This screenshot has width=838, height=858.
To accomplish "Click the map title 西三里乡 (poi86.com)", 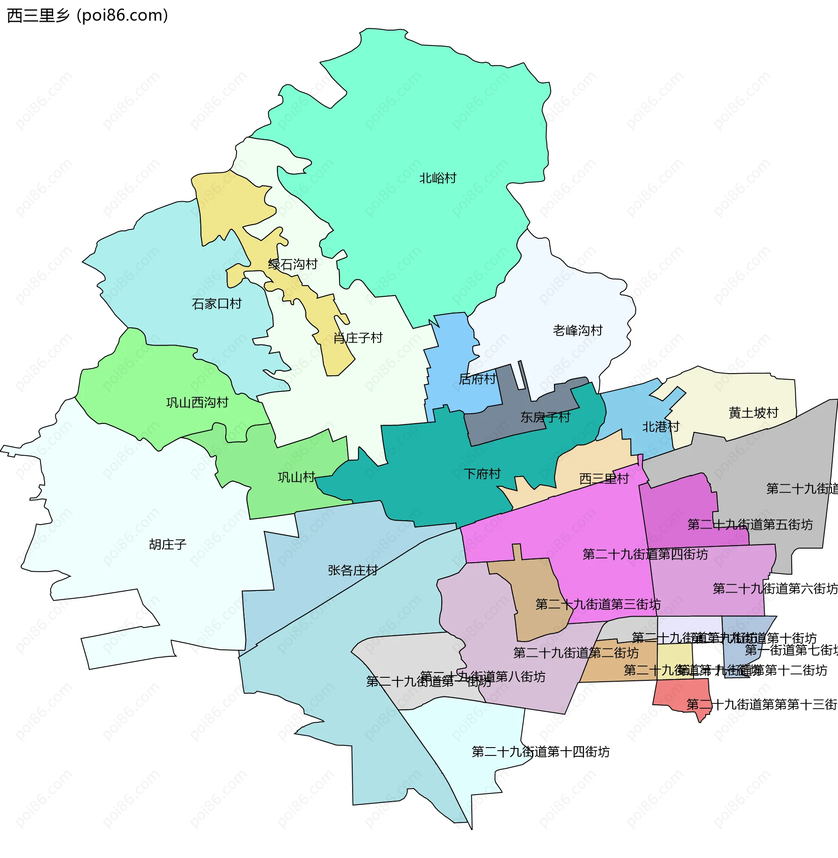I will (88, 15).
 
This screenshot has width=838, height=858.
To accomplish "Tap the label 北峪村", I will (437, 178).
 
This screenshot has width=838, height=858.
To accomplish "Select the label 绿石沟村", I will (293, 264).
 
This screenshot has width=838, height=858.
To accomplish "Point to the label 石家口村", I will (216, 304).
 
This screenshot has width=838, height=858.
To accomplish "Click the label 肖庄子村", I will (358, 338).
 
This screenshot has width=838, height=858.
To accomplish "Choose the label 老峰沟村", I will (577, 331).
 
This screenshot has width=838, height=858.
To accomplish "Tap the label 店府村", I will (477, 379).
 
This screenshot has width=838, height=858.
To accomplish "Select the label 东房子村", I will (545, 418).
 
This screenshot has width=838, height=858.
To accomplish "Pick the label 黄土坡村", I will (753, 413).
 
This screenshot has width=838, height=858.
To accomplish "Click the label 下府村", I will (482, 474).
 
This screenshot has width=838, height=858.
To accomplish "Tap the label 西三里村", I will (604, 479).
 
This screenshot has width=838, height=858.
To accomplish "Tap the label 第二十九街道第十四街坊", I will (540, 752).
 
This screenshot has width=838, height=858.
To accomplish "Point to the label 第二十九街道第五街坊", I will (750, 525).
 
